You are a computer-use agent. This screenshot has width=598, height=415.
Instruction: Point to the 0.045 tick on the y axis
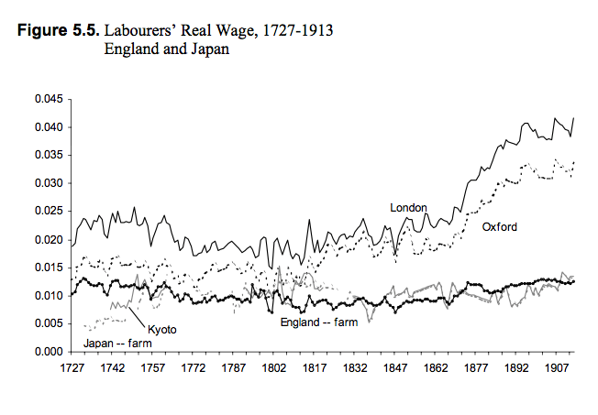[x=49, y=99]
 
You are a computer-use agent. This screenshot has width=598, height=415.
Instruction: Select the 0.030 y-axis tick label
[x=49, y=183]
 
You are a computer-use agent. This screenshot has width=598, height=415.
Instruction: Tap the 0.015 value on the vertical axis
[x=49, y=268]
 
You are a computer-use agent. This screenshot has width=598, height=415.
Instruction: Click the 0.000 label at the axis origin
[x=49, y=352]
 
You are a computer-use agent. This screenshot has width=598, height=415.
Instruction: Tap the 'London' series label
[x=408, y=208]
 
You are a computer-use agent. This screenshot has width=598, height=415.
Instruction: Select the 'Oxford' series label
[x=499, y=226]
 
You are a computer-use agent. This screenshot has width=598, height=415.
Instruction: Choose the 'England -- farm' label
[x=317, y=322]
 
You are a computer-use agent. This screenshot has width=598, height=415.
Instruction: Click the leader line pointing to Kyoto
[x=138, y=316]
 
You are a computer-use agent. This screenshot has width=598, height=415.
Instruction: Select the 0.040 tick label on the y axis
[x=49, y=127]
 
